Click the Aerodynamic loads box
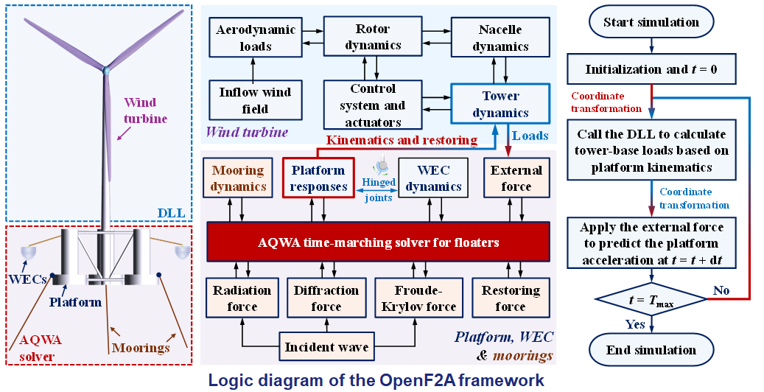coord(256,38)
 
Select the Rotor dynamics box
coord(373,37)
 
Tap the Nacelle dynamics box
coord(500,38)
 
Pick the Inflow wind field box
coord(256,100)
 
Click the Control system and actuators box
coord(373,105)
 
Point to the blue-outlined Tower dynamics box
coord(500,105)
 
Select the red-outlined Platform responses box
coord(318,178)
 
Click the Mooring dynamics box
coord(238,178)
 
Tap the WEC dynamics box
coord(433,178)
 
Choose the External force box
coord(516,178)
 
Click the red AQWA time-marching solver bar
coord(379,242)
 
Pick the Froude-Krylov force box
coord(418,298)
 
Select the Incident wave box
coord(326,346)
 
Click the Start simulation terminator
coord(651,22)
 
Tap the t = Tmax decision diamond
coord(651,300)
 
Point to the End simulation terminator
coord(651,349)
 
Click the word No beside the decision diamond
coord(721,290)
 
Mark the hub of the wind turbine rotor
coord(106,71)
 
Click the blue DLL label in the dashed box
coord(171,212)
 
